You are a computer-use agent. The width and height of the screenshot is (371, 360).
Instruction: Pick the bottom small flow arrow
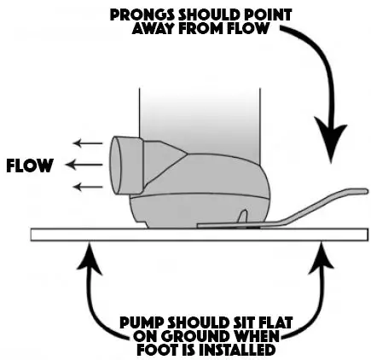pyautogui.click(x=84, y=185)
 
